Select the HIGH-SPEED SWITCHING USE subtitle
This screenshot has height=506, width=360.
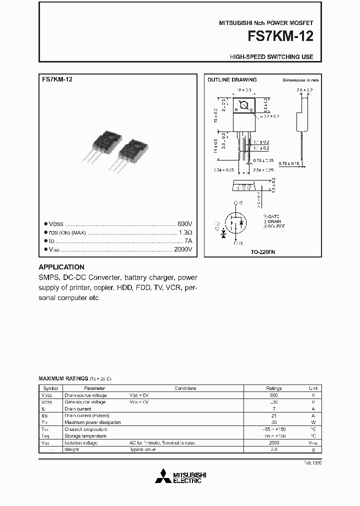pos(271,57)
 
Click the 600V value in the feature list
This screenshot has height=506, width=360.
pos(184,224)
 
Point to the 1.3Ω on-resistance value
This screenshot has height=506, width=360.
pos(185,232)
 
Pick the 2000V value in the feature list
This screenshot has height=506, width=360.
pos(182,249)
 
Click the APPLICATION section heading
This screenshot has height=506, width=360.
pos(61,267)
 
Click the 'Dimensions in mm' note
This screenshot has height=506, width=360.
pos(300,80)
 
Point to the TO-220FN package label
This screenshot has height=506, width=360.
pos(262,252)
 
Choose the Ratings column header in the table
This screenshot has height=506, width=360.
pos(273,388)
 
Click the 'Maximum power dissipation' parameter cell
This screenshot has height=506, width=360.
pos(92,422)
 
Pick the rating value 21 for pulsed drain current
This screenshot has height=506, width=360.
pos(273,415)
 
